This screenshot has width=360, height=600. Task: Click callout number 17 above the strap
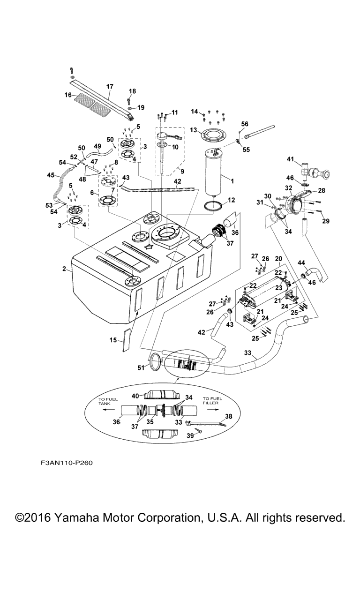(110, 86)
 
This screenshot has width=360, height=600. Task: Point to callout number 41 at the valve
(291, 159)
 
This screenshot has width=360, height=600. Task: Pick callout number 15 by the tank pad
(113, 340)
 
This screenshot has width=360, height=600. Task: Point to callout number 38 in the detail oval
(229, 416)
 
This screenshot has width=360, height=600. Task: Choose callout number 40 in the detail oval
(135, 396)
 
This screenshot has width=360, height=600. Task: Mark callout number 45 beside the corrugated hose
(51, 176)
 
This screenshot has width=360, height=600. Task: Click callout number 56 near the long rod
(244, 124)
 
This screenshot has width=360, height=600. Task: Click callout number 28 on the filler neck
(322, 190)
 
